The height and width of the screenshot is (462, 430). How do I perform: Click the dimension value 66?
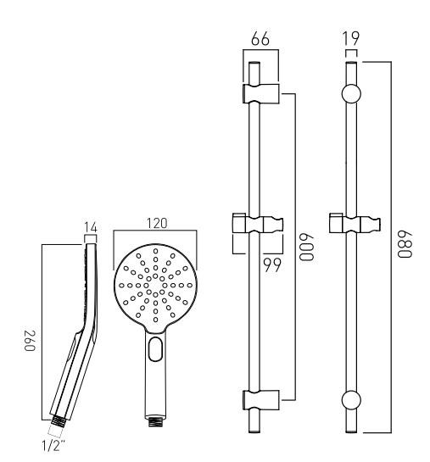(x=260, y=39)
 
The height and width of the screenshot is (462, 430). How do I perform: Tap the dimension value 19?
(x=351, y=39)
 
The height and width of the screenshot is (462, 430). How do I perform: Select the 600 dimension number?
(x=306, y=247)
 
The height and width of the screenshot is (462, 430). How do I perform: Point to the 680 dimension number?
(x=405, y=244)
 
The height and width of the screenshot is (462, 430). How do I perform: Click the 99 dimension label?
(x=272, y=265)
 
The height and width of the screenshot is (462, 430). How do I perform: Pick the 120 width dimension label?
(x=157, y=223)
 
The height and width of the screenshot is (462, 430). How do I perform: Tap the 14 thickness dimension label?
(x=91, y=227)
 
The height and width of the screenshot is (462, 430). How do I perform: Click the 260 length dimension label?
(x=30, y=341)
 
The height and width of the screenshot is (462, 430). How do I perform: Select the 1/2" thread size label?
(x=53, y=446)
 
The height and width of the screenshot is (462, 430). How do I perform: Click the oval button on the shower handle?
(x=155, y=349)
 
